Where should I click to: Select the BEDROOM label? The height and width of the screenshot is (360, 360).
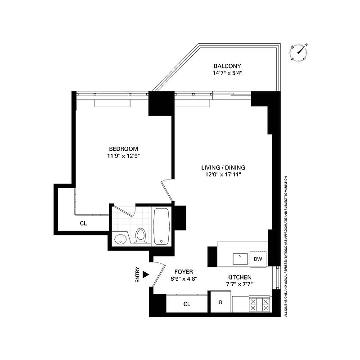pyautogui.click(x=123, y=149)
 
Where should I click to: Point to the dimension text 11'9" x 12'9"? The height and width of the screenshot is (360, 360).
pyautogui.click(x=123, y=156)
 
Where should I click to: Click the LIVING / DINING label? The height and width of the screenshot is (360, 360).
pyautogui.click(x=223, y=167)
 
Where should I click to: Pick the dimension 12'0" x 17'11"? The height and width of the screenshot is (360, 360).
pyautogui.click(x=223, y=175)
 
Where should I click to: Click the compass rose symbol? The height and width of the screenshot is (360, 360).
pyautogui.click(x=299, y=52)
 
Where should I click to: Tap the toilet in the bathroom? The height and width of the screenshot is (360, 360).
pyautogui.click(x=141, y=236)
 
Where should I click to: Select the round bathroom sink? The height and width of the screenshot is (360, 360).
pyautogui.click(x=120, y=239)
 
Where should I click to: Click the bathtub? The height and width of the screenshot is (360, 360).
pyautogui.click(x=161, y=226)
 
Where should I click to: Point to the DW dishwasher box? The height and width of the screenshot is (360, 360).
pyautogui.click(x=258, y=259)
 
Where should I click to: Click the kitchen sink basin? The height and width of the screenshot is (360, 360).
pyautogui.click(x=240, y=259)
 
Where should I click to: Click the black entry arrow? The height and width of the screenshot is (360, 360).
pyautogui.click(x=145, y=274)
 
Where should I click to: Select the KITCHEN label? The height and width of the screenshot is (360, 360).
pyautogui.click(x=239, y=277)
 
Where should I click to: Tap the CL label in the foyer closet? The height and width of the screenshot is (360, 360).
pyautogui.click(x=187, y=304)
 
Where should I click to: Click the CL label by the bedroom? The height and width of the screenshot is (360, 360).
pyautogui.click(x=83, y=223)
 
